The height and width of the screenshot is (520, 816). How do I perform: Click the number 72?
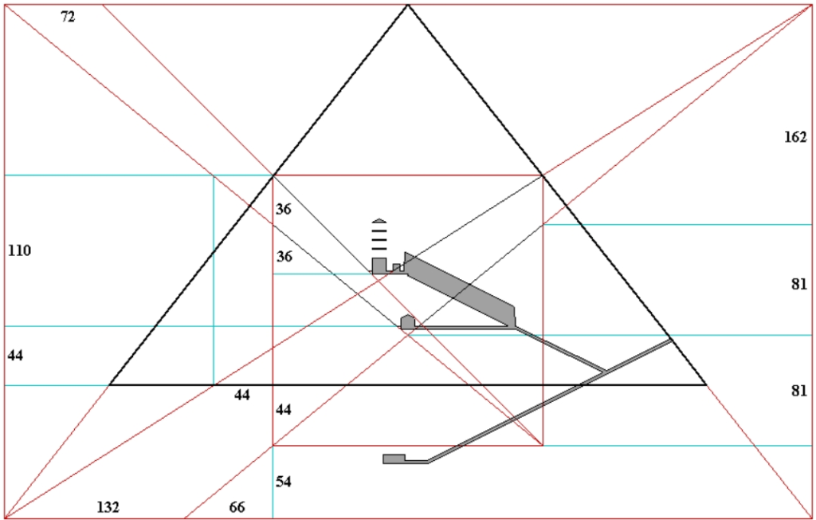(x=68, y=18)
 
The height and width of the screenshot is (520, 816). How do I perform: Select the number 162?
(x=795, y=137)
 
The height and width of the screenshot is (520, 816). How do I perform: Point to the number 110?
(x=19, y=250)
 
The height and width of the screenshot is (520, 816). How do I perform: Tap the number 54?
(x=283, y=482)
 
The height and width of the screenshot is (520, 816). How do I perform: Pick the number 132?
(x=108, y=507)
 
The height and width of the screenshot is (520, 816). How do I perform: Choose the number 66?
(x=237, y=507)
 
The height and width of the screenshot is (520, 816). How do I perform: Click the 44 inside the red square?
(x=283, y=410)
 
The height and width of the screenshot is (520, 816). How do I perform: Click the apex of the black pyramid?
(x=408, y=5)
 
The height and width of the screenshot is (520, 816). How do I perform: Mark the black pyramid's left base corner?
(x=110, y=385)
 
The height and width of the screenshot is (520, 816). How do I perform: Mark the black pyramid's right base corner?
(x=706, y=385)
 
